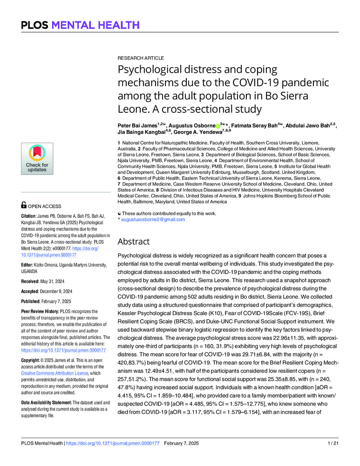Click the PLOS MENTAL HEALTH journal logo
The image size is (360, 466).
point(79,25)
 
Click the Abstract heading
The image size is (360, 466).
point(133,241)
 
